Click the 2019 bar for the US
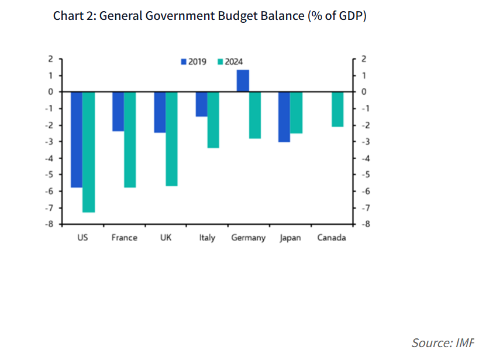[77, 139]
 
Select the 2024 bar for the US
[88, 152]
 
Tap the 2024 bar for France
[130, 139]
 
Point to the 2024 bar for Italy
[213, 119]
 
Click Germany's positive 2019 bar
[243, 81]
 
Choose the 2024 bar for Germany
[255, 115]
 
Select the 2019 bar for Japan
[284, 116]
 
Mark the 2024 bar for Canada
[338, 109]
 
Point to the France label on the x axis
[124, 238]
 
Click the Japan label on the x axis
[290, 238]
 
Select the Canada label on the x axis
[332, 238]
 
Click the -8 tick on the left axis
[50, 224]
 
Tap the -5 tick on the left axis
[50, 174]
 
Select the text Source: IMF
[443, 342]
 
